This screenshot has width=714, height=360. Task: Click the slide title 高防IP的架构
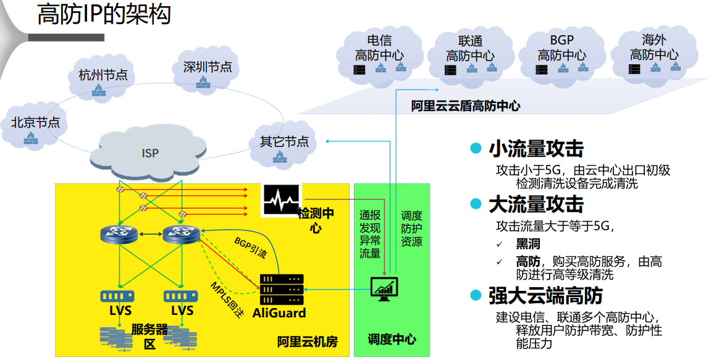point(104,15)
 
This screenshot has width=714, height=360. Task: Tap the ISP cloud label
point(150,153)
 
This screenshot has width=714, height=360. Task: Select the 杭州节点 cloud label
point(103,75)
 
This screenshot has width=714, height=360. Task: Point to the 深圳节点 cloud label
point(208,67)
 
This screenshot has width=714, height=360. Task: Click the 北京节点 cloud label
point(35,122)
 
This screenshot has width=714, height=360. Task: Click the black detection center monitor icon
point(281,199)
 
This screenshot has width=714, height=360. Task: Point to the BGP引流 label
point(250,246)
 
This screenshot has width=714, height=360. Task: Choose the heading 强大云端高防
point(545,296)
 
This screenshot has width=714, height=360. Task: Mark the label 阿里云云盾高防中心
point(466,106)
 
